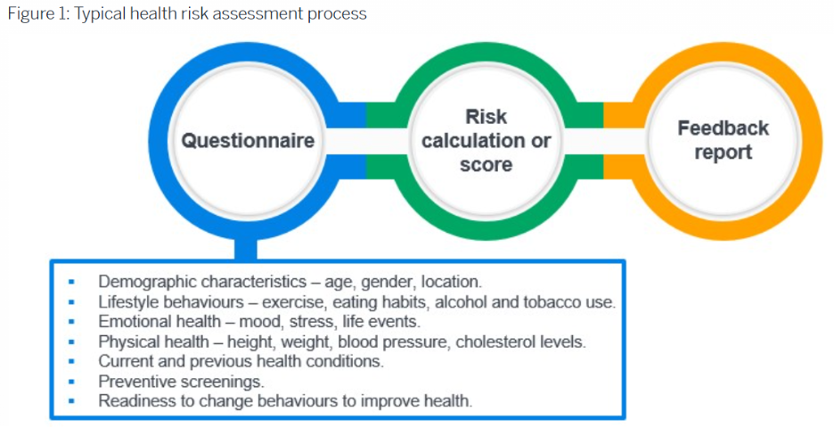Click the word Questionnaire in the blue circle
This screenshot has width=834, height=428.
click(x=248, y=141)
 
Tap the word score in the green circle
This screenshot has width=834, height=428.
click(x=486, y=164)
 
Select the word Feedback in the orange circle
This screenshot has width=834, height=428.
click(x=723, y=128)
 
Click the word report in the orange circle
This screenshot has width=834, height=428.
click(x=723, y=152)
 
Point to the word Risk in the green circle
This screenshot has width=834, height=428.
click(x=486, y=117)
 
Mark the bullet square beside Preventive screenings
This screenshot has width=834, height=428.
click(x=71, y=382)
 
